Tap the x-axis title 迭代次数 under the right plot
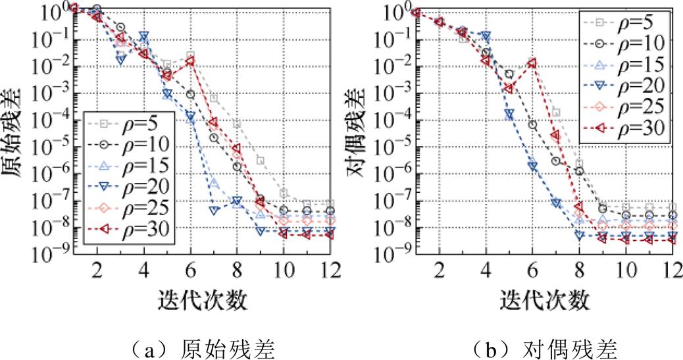pyautogui.click(x=544, y=300)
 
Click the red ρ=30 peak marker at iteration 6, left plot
pyautogui.click(x=190, y=61)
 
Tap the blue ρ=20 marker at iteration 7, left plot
pyautogui.click(x=214, y=210)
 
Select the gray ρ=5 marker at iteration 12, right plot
pyautogui.click(x=672, y=207)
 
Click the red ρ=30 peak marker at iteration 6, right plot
pyautogui.click(x=532, y=63)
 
